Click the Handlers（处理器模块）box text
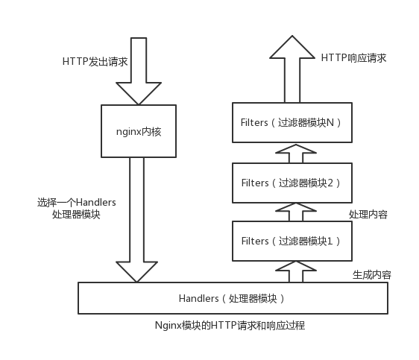click(231, 298)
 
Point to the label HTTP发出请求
click(95, 62)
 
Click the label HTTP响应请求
click(353, 58)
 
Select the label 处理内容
click(368, 214)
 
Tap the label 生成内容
click(372, 274)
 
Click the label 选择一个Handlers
click(77, 203)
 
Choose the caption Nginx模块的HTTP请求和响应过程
click(230, 325)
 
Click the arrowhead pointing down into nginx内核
click(139, 93)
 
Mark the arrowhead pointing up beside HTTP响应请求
click(292, 47)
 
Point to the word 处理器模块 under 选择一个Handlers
click(76, 215)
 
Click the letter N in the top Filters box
click(330, 122)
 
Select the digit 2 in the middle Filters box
click(330, 183)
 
